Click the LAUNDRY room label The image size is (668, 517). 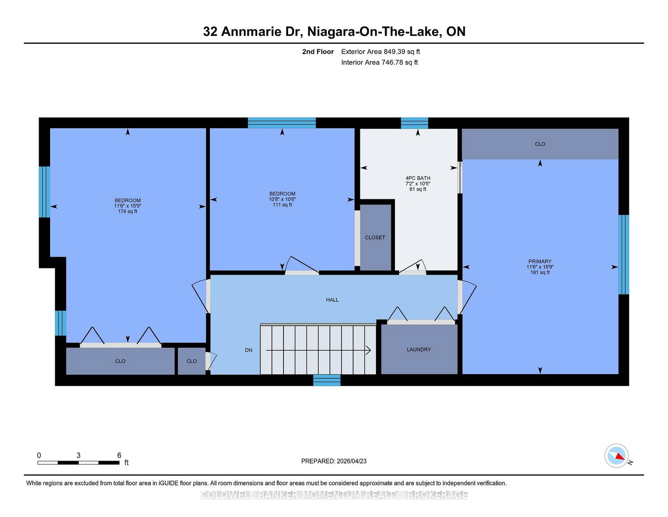(419, 349)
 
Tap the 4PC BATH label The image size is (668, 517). (417, 178)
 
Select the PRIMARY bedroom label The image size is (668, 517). (540, 261)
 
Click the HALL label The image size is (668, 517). (332, 300)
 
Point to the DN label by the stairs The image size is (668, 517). (248, 350)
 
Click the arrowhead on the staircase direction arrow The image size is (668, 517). (369, 350)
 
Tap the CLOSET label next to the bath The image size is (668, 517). (375, 237)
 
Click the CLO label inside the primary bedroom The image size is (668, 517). (540, 144)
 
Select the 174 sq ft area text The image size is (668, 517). (127, 211)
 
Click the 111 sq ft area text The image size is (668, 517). (282, 205)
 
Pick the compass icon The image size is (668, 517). (616, 456)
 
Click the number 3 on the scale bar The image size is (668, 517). (78, 455)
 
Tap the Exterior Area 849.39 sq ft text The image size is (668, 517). (380, 52)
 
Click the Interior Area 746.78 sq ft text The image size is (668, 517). (380, 62)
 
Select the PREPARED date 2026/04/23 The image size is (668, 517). (334, 461)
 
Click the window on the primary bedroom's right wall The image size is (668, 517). (623, 255)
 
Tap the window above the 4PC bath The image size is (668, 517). (414, 123)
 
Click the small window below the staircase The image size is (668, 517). (327, 380)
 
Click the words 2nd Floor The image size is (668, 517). (318, 52)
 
